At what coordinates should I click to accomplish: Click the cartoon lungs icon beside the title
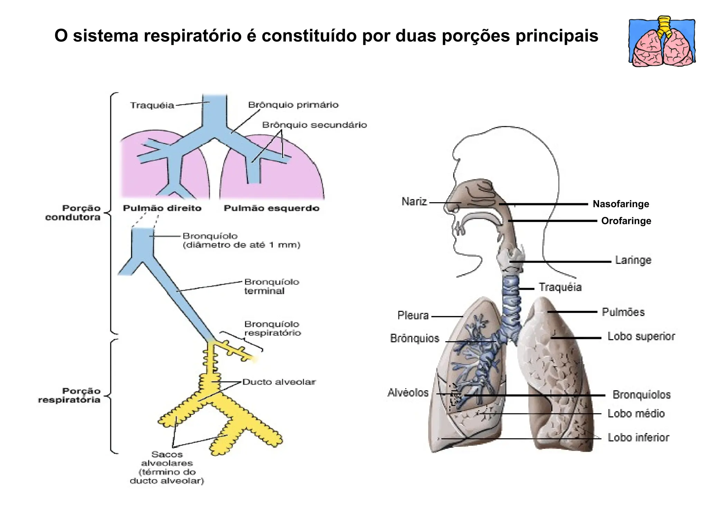pos(662,41)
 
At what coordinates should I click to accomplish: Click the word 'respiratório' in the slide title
pos(192,36)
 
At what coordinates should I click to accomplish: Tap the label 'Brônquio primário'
pos(293,105)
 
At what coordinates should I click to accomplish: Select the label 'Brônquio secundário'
pos(314,125)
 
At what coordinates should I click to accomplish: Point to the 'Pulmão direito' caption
pos(162,208)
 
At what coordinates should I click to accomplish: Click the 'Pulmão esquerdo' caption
pos(271,208)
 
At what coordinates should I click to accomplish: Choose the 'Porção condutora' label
pos(73,213)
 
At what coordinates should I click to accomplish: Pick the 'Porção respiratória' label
pos(69,395)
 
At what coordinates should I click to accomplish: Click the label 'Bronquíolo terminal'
pos(271,286)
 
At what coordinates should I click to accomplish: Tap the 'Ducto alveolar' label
pos(279,382)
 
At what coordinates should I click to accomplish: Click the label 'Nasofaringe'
pos(621,204)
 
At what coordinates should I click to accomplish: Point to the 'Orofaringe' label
pos(626,221)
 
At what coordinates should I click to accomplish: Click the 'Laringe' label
pos(633,260)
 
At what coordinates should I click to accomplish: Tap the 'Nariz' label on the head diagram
pos(414,202)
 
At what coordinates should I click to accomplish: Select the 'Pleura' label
pos(413,315)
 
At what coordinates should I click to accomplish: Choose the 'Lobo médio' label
pos(636,413)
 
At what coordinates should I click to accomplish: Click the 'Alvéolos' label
pos(408,393)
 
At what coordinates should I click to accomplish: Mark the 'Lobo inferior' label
pos(639,438)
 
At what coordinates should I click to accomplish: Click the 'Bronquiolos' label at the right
pos(642,395)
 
